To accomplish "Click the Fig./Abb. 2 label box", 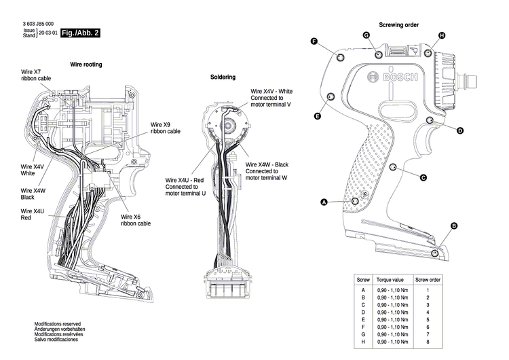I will click(x=80, y=33).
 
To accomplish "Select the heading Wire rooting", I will click(x=86, y=65).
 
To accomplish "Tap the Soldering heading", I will click(x=223, y=77).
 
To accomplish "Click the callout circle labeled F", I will click(x=314, y=41).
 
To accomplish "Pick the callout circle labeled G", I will click(x=366, y=35).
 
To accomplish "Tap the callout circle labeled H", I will click(x=442, y=35).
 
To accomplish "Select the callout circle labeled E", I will click(x=318, y=117).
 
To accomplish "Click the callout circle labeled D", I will click(x=459, y=130).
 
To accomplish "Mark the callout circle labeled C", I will click(x=423, y=178).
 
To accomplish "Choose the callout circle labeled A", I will click(x=324, y=202).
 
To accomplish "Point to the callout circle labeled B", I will click(x=454, y=226).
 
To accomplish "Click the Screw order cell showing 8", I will click(x=428, y=342).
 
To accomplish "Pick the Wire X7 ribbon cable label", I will click(x=35, y=75).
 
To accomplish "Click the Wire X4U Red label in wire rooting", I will click(x=33, y=215).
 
